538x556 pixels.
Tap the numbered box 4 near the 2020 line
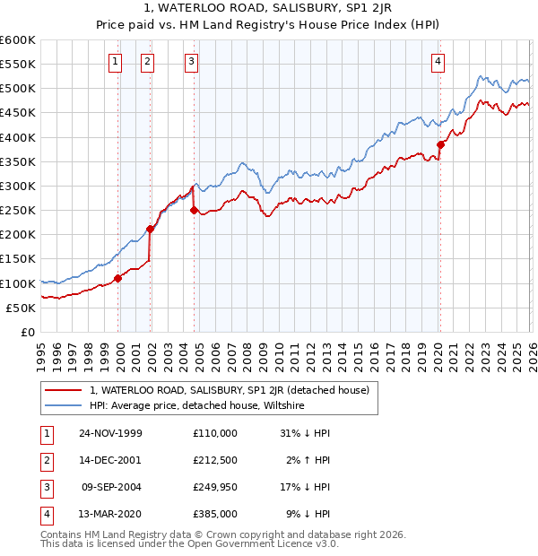click(438, 62)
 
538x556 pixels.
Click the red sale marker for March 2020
click(440, 144)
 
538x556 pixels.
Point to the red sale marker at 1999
click(118, 279)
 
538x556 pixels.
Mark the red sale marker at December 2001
click(151, 229)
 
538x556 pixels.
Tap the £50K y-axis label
click(21, 308)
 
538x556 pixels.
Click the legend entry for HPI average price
click(197, 405)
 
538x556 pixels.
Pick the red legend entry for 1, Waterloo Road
click(230, 390)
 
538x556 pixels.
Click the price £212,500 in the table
click(215, 460)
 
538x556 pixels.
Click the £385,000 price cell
click(215, 514)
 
